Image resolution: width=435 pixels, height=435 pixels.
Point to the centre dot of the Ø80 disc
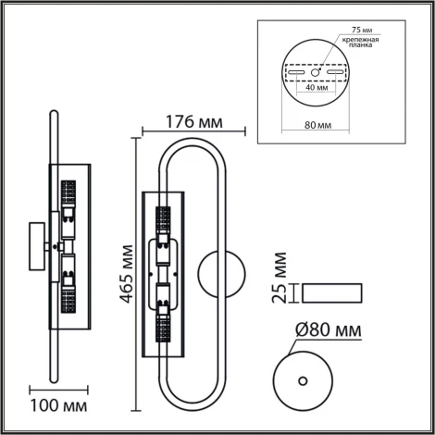(303, 379)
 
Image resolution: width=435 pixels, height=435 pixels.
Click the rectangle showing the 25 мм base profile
(332, 293)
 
